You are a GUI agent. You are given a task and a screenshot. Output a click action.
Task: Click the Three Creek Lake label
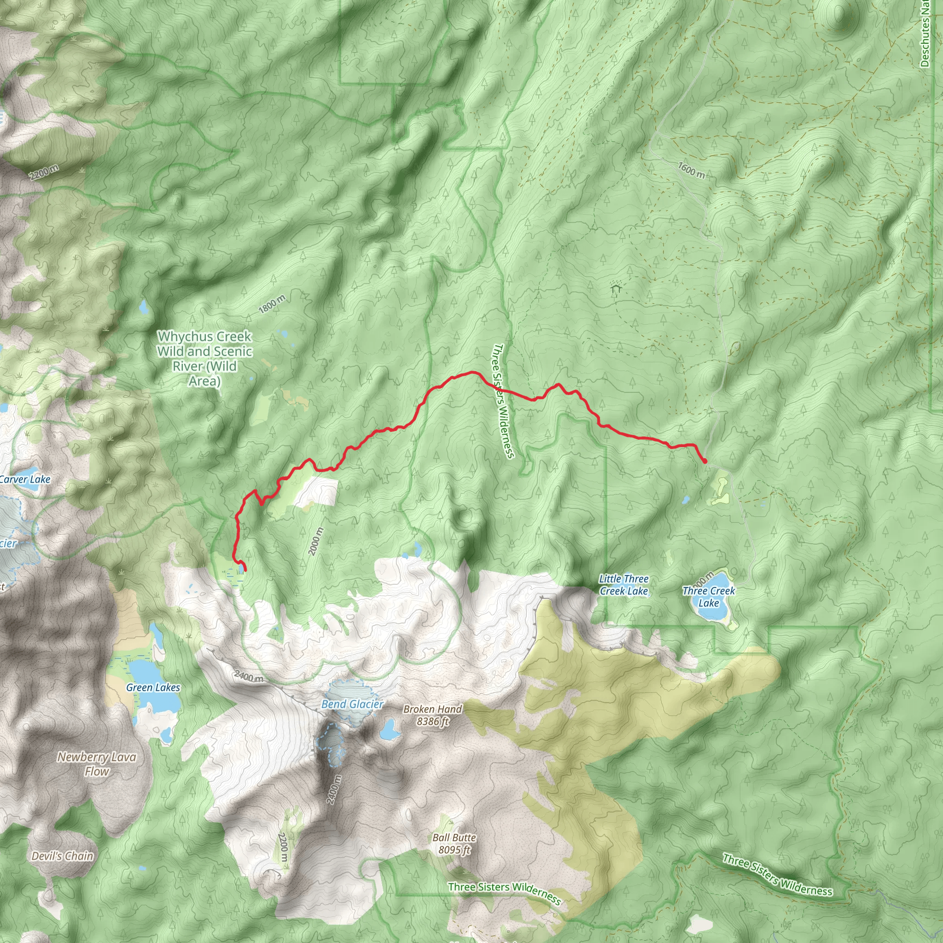[x=708, y=596]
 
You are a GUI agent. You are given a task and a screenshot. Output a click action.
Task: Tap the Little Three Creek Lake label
[x=624, y=585]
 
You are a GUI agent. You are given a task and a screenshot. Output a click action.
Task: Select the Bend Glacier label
[x=352, y=704]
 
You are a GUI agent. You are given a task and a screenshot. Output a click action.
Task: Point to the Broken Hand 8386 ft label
[x=432, y=715]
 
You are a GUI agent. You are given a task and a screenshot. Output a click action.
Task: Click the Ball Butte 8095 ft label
[x=454, y=844]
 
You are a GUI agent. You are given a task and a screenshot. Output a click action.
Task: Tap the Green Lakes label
[x=153, y=687]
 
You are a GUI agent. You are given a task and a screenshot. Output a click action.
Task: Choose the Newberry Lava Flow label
[x=97, y=764]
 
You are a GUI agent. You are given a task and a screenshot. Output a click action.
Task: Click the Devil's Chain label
[x=62, y=856]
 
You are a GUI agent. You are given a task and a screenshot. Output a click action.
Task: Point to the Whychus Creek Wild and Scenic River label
[x=204, y=358]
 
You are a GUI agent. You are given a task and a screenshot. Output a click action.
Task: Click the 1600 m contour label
[x=691, y=170]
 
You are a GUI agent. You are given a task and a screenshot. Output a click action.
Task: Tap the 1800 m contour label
[x=272, y=304]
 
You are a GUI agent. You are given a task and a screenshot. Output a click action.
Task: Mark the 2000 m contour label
[x=316, y=541]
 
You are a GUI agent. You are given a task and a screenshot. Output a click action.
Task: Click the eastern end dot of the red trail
[x=705, y=461]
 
